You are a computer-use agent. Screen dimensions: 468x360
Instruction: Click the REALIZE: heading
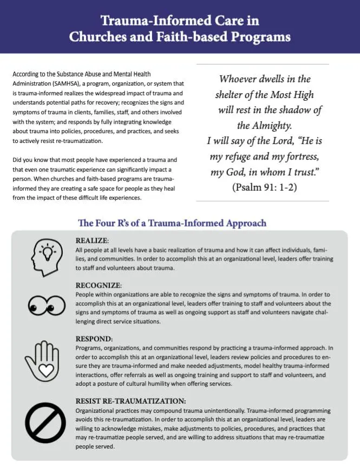tap(93, 240)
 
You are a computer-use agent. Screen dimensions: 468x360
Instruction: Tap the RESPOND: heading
tap(93, 339)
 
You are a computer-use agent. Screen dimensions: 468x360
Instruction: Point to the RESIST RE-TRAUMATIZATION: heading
tap(132, 401)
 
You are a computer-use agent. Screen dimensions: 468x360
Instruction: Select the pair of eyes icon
tap(45, 306)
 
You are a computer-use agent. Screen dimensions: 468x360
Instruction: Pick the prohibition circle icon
tap(44, 424)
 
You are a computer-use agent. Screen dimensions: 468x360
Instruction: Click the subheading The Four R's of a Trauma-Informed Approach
tap(172, 223)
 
